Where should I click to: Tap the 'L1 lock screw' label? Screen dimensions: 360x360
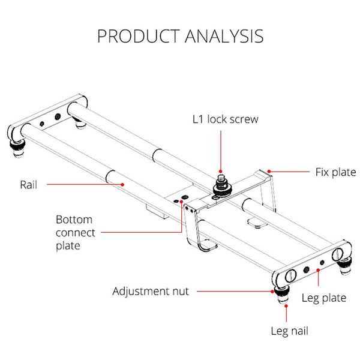point(224,119)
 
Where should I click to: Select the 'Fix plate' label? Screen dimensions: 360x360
point(335,172)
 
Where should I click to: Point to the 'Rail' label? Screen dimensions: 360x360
point(28,185)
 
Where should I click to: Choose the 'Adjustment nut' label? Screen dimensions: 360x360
point(151,292)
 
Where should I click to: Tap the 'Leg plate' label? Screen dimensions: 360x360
point(323,298)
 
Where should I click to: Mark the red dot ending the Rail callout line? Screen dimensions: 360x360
point(124,185)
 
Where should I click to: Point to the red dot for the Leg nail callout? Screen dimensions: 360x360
point(286,306)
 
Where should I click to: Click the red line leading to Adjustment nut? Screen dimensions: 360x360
point(234,292)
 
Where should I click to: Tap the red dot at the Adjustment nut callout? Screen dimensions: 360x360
point(272,292)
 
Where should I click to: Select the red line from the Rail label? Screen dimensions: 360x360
point(84,185)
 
